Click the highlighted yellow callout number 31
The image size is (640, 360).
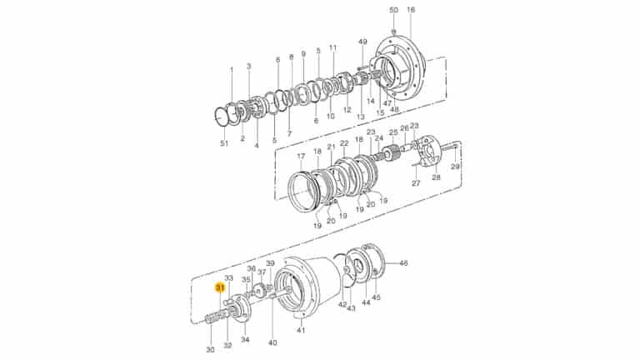pyautogui.click(x=220, y=287)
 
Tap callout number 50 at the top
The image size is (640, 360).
pyautogui.click(x=394, y=10)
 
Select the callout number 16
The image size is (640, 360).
pyautogui.click(x=410, y=10)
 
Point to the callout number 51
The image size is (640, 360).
pyautogui.click(x=223, y=144)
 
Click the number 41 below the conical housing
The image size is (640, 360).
pyautogui.click(x=301, y=331)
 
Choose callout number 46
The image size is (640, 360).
pyautogui.click(x=403, y=263)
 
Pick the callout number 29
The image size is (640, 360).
pyautogui.click(x=455, y=167)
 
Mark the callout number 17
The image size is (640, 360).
pyautogui.click(x=301, y=157)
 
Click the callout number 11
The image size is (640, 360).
pyautogui.click(x=332, y=47)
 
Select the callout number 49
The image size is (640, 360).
pyautogui.click(x=362, y=42)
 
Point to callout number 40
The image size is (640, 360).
pyautogui.click(x=272, y=342)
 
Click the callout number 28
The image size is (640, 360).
pyautogui.click(x=435, y=177)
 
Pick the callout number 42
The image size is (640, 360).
pyautogui.click(x=342, y=305)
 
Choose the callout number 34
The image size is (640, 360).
pyautogui.click(x=245, y=339)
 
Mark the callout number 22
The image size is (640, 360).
pyautogui.click(x=343, y=143)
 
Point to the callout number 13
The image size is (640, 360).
pyautogui.click(x=361, y=117)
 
